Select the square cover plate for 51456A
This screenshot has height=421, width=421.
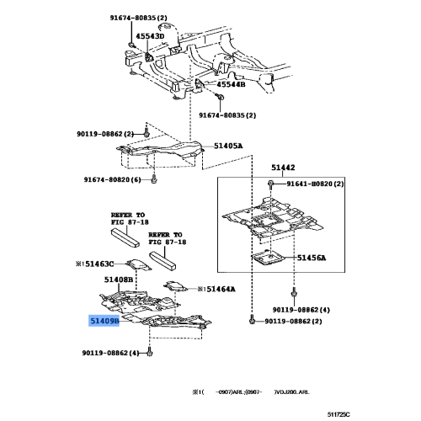point(270,262)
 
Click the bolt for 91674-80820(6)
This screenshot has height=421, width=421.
point(156,179)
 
